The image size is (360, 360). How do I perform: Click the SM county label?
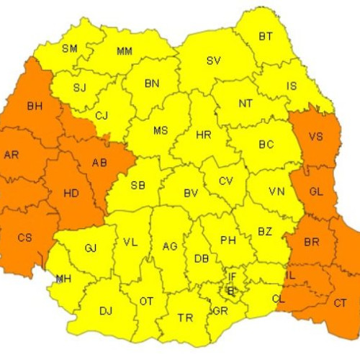[70, 48]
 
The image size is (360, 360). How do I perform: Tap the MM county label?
[124, 51]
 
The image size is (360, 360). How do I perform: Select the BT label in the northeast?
[266, 35]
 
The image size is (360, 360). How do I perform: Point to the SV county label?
[214, 60]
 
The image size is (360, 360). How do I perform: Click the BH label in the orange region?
[34, 106]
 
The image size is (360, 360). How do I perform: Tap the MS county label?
[161, 130]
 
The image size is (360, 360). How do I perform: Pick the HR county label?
[204, 135]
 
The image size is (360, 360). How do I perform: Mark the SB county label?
[138, 185]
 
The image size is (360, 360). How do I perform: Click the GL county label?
[316, 192]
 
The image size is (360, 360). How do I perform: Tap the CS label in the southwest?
[24, 237]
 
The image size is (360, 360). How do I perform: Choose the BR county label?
[311, 243]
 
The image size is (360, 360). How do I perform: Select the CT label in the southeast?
[340, 303]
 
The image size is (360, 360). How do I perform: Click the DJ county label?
[106, 310]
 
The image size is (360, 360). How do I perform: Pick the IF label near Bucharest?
[232, 276]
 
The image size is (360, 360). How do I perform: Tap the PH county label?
[228, 240]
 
